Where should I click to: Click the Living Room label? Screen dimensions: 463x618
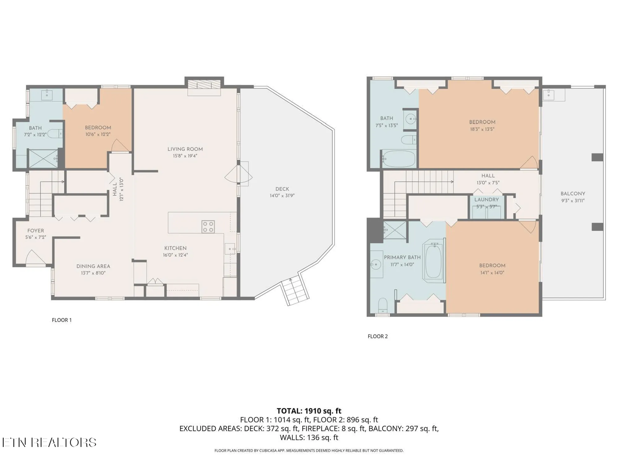(x=185, y=149)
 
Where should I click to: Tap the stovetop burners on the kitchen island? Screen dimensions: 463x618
(x=208, y=227)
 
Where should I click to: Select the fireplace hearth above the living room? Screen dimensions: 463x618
(x=204, y=85)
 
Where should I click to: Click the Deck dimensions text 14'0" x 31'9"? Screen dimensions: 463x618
(x=282, y=196)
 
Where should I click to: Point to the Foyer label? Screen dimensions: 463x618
(x=36, y=231)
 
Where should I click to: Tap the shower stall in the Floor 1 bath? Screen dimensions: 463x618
(x=43, y=158)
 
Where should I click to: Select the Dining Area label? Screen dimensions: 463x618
(x=93, y=266)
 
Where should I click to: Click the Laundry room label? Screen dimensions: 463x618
(x=486, y=200)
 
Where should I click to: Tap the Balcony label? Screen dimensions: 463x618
(x=573, y=194)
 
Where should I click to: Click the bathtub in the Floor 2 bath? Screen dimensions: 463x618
(x=399, y=159)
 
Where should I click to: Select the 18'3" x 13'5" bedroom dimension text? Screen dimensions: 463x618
(x=482, y=129)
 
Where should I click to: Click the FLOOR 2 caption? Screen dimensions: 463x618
(x=377, y=336)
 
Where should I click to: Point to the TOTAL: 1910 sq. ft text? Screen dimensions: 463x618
(x=309, y=411)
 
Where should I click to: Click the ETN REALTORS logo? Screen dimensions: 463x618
(x=49, y=442)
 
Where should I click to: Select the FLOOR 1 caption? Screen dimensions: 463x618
(x=61, y=320)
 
